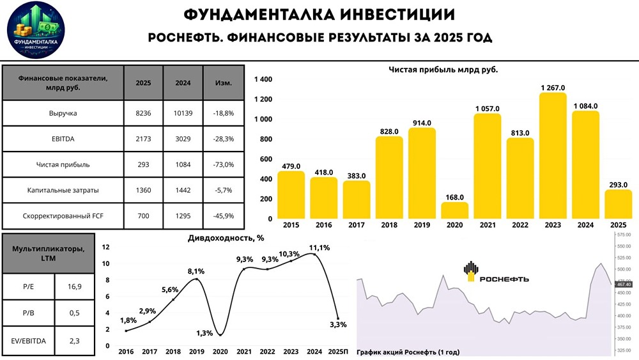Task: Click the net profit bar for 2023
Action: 553,157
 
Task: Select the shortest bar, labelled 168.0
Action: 454,211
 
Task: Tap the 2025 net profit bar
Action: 618,204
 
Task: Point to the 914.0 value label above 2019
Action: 422,123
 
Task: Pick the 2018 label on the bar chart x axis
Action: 389,226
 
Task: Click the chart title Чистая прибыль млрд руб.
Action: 443,69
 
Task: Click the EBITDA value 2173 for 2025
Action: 142,139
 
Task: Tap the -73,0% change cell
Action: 223,164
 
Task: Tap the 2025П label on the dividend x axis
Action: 337,352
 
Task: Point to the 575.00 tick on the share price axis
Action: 624,235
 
